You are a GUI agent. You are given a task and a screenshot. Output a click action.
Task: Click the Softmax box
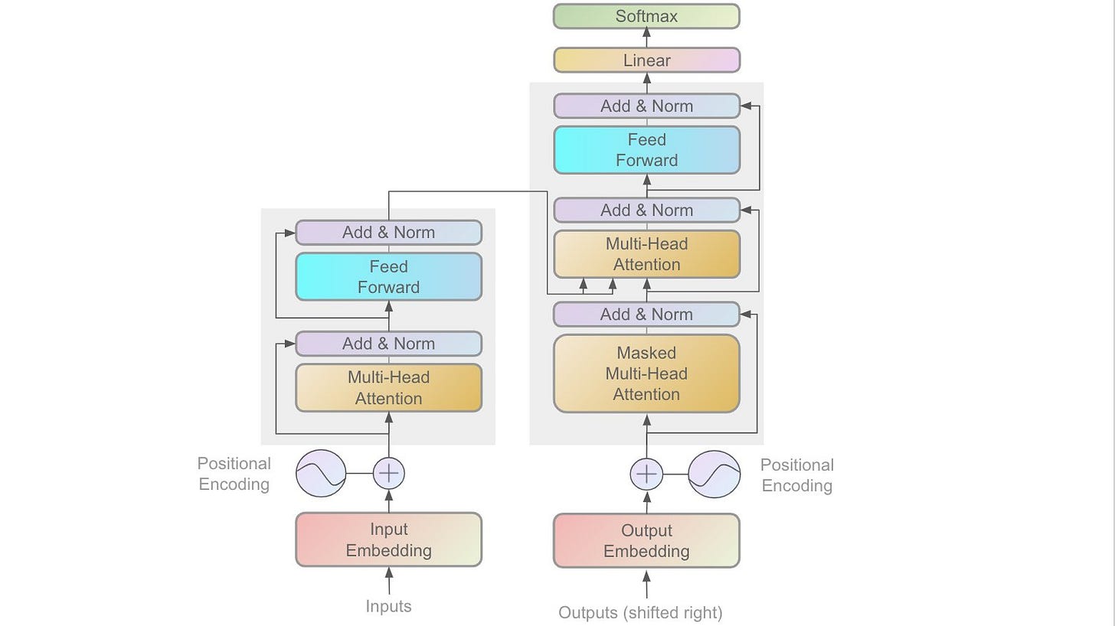click(x=646, y=16)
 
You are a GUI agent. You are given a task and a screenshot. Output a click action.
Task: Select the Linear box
click(x=646, y=60)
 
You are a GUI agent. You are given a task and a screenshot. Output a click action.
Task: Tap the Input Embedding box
click(x=389, y=540)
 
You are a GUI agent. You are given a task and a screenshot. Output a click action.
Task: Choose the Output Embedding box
click(x=646, y=540)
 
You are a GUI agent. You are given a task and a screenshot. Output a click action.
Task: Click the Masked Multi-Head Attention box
click(x=646, y=373)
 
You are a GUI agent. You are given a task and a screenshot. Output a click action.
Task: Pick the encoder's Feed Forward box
click(x=389, y=277)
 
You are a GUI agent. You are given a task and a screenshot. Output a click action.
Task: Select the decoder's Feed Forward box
click(x=646, y=150)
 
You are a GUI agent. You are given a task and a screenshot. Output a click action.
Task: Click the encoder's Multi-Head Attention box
click(x=389, y=388)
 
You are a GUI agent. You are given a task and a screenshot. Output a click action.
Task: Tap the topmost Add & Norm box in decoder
click(x=646, y=106)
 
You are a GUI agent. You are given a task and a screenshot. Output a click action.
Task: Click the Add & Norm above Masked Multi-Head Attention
click(x=646, y=315)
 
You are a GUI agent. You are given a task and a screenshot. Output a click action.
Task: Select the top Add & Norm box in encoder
click(x=389, y=233)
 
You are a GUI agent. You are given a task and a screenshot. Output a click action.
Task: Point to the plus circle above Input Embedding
click(x=389, y=473)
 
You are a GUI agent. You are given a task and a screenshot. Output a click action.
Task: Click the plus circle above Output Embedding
click(x=646, y=474)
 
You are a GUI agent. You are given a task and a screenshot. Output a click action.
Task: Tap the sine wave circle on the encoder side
click(x=321, y=473)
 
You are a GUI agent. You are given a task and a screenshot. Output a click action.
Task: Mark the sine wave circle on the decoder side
click(x=714, y=474)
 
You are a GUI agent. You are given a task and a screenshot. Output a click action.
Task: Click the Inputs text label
click(x=389, y=606)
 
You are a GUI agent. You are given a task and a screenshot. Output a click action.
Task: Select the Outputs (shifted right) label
click(x=641, y=612)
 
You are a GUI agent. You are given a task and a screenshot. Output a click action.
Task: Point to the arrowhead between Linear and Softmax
click(x=646, y=33)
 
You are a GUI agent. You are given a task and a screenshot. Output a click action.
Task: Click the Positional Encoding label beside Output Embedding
click(x=797, y=475)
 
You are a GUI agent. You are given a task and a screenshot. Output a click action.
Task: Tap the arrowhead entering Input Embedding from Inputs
click(x=389, y=572)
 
